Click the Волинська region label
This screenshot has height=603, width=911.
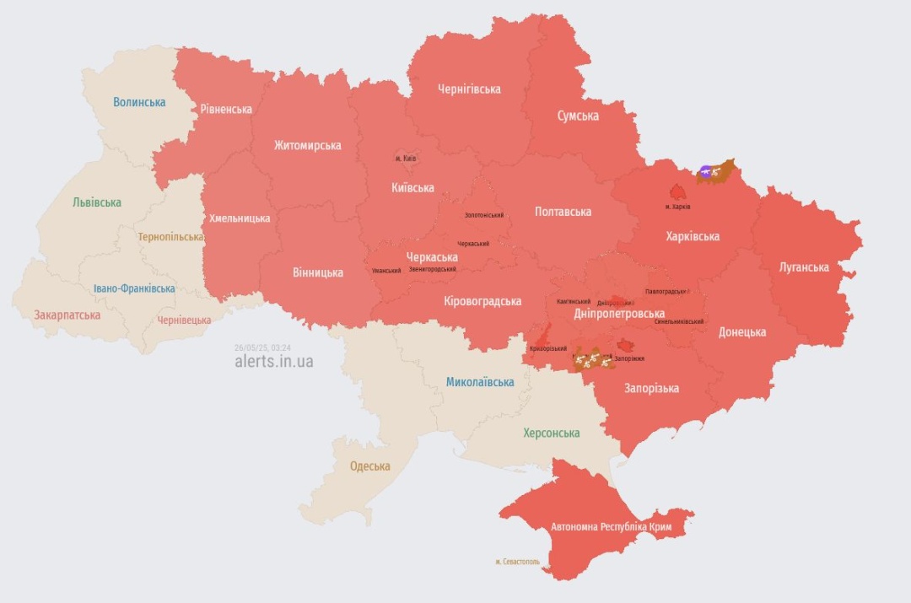pyautogui.click(x=140, y=102)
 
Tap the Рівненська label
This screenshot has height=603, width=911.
pyautogui.click(x=226, y=110)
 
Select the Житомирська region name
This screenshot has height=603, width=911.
pyautogui.click(x=307, y=145)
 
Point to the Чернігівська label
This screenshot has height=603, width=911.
pyautogui.click(x=469, y=89)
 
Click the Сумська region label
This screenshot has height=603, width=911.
pyautogui.click(x=578, y=116)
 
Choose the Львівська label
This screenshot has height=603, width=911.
pyautogui.click(x=96, y=202)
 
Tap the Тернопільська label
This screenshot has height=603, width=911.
pyautogui.click(x=171, y=237)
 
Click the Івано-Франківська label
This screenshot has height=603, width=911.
pyautogui.click(x=134, y=288)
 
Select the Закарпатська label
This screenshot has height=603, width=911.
pyautogui.click(x=67, y=315)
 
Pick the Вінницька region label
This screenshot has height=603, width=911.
pyautogui.click(x=318, y=272)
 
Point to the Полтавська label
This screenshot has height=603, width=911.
pyautogui.click(x=563, y=212)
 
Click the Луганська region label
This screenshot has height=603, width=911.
pyautogui.click(x=804, y=267)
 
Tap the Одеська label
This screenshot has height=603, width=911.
pyautogui.click(x=370, y=466)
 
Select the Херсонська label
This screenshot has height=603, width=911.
pyautogui.click(x=551, y=433)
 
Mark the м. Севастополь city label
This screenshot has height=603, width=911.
pyautogui.click(x=518, y=562)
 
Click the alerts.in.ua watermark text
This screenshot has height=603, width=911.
pyautogui.click(x=274, y=361)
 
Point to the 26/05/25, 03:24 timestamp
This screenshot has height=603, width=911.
pyautogui.click(x=262, y=347)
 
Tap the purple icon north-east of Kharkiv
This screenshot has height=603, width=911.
pyautogui.click(x=706, y=172)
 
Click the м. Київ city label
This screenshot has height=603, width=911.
pyautogui.click(x=406, y=159)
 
